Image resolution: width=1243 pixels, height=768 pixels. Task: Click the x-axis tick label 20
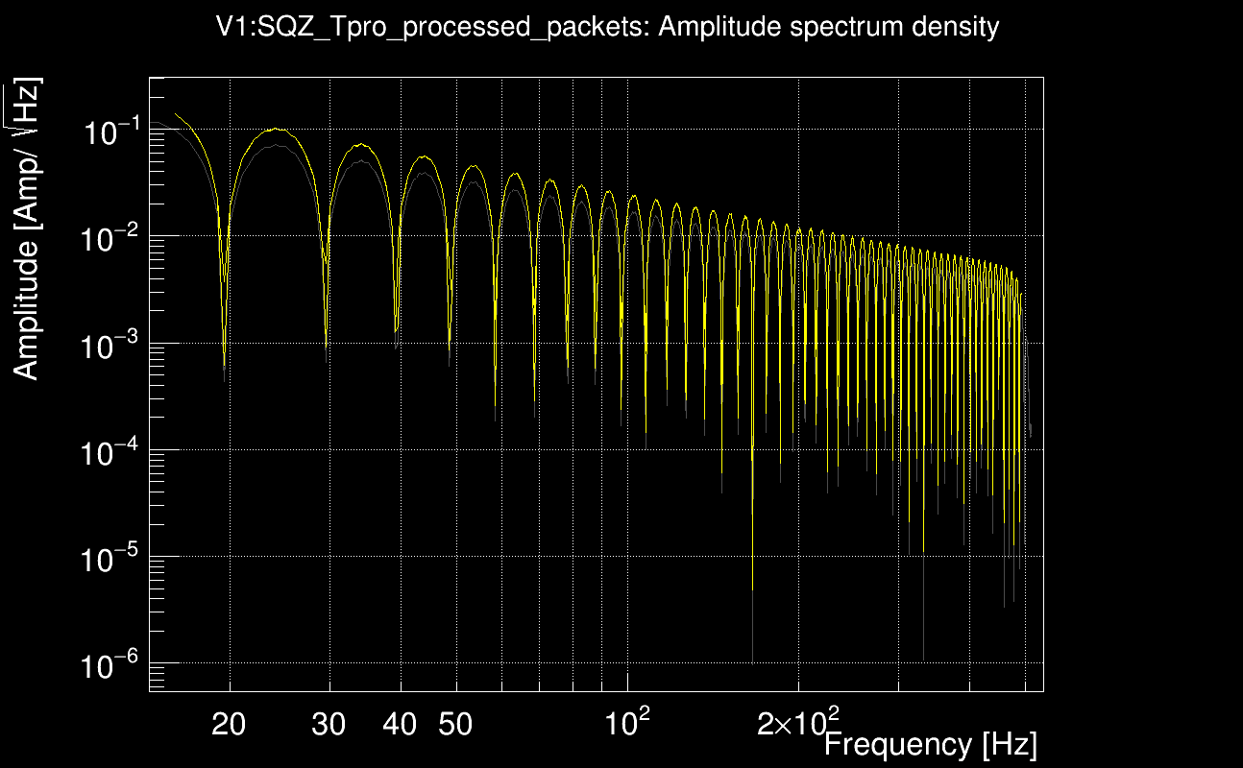coord(229,724)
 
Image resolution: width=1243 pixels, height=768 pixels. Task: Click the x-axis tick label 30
coord(329,724)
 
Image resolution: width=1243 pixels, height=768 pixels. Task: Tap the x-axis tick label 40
coord(400,724)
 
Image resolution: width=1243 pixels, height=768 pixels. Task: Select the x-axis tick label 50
coord(455,724)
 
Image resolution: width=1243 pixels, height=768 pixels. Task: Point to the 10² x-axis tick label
coord(625,720)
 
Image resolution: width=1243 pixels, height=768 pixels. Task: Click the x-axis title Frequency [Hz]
coord(930,744)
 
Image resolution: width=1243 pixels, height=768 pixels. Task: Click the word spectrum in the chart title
coord(839,28)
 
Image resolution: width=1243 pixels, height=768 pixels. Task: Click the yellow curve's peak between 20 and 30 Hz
coord(276,129)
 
